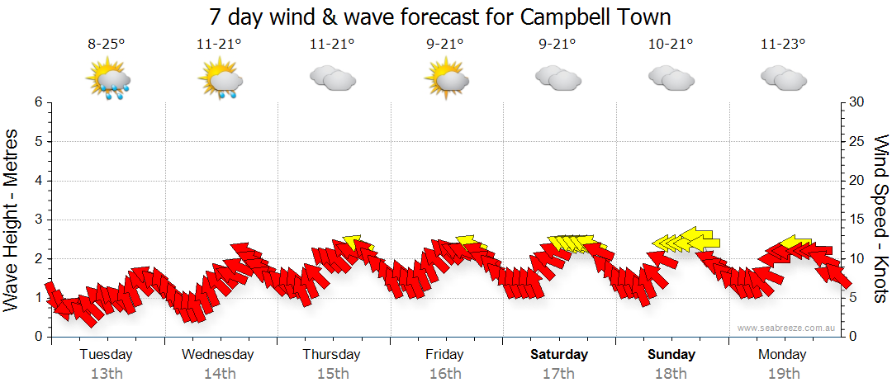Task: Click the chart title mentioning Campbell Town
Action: click(x=440, y=17)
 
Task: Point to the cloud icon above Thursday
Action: click(x=332, y=78)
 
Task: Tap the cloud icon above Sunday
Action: click(x=671, y=78)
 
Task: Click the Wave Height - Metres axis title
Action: click(x=12, y=220)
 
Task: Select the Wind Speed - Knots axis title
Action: click(x=880, y=219)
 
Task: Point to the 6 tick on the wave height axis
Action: click(x=37, y=102)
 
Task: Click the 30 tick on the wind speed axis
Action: click(x=858, y=102)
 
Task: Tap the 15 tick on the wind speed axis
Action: click(x=858, y=220)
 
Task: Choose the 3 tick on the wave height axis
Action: click(x=37, y=220)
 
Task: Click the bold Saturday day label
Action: click(x=559, y=355)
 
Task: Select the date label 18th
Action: click(x=671, y=374)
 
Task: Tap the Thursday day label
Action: click(x=331, y=355)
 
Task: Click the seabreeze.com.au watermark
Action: click(x=787, y=328)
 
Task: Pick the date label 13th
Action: click(x=106, y=374)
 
